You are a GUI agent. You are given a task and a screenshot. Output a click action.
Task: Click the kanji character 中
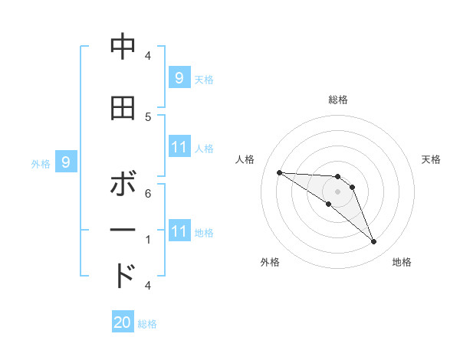click(123, 47)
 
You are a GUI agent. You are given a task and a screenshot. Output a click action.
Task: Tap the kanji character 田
click(123, 108)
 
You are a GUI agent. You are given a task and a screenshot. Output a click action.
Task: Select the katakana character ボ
click(123, 186)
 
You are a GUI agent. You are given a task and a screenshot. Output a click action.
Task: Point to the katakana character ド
click(123, 275)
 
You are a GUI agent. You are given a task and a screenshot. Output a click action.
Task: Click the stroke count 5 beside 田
click(148, 116)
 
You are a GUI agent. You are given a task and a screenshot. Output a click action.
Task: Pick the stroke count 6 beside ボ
click(148, 193)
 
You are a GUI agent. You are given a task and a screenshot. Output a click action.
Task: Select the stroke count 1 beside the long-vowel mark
click(148, 239)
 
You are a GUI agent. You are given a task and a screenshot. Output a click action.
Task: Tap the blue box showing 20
click(123, 322)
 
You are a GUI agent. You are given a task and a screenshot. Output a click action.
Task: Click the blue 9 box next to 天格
click(179, 77)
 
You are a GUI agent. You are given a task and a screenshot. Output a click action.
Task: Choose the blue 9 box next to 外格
click(66, 162)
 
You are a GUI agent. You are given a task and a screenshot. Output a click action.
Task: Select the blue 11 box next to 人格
click(179, 147)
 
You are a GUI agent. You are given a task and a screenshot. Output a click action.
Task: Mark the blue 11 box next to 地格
click(179, 231)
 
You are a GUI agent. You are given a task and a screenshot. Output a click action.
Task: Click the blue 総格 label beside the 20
click(147, 324)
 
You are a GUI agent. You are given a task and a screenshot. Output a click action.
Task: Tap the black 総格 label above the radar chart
click(337, 100)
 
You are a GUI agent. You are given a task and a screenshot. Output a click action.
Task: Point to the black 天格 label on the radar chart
click(432, 159)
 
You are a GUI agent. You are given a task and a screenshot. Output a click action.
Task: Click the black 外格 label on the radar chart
click(270, 262)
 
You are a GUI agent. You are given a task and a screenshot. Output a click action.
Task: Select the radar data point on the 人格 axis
click(279, 172)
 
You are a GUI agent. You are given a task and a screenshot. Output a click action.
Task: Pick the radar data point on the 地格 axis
click(373, 242)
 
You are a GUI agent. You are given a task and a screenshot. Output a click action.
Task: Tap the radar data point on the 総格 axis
click(337, 177)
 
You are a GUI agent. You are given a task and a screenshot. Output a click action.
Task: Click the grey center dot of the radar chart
click(337, 191)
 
